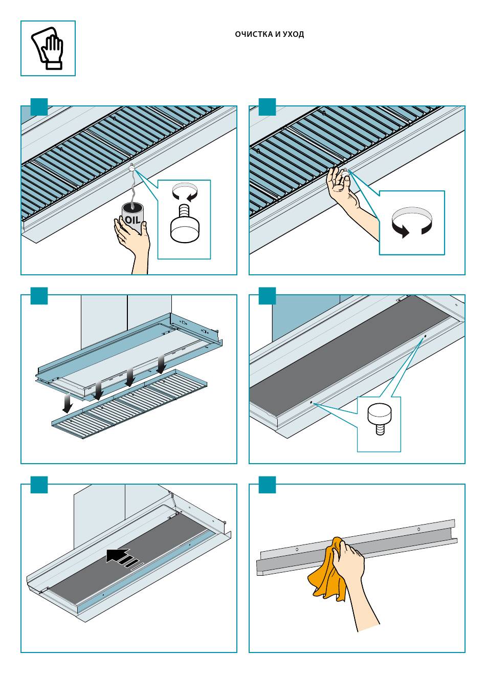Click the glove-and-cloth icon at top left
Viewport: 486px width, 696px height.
[x=48, y=48]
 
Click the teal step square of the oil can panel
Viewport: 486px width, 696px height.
[x=39, y=106]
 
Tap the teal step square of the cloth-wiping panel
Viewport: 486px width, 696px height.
[x=267, y=485]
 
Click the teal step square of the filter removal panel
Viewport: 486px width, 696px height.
[x=39, y=296]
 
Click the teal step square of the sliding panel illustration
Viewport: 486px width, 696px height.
[x=39, y=485]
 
